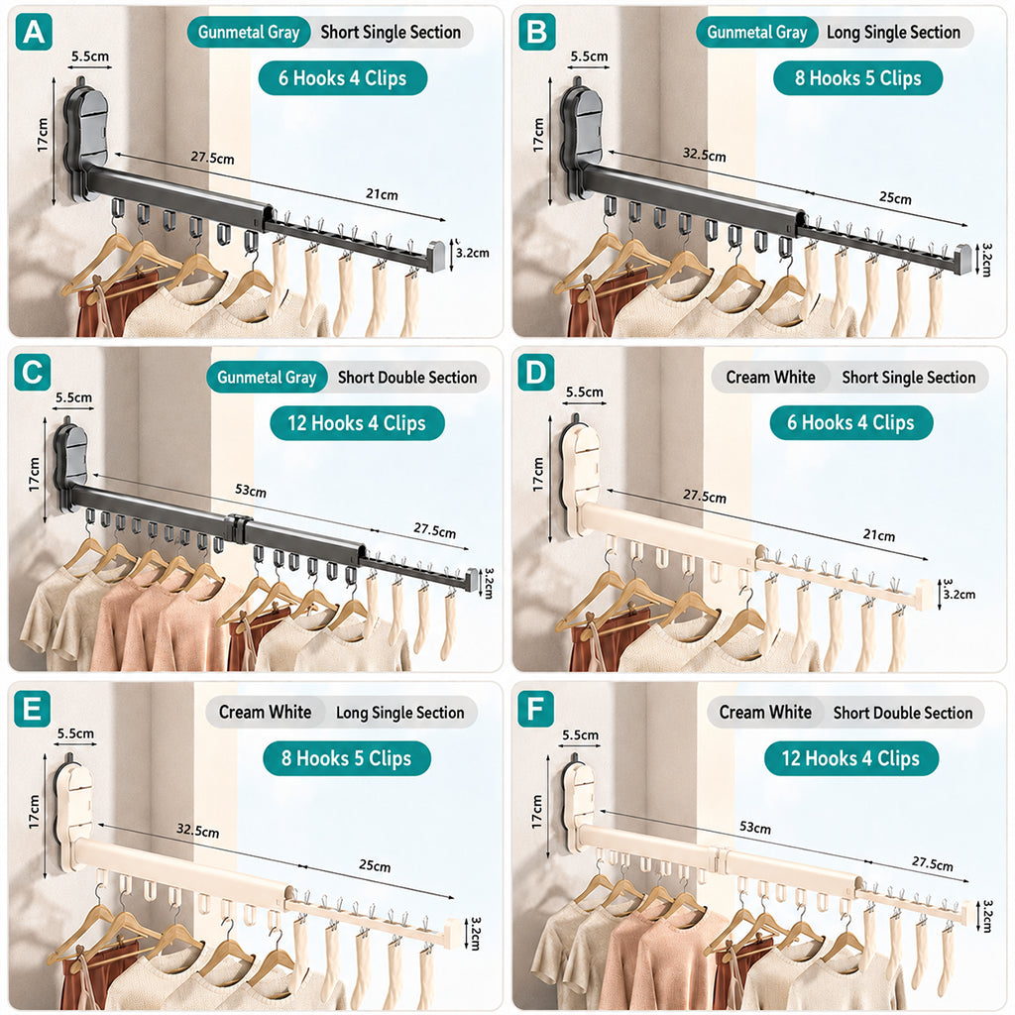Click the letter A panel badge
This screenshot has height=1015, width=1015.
(34, 33)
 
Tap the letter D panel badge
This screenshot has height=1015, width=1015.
(536, 373)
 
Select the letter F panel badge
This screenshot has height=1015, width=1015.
(536, 709)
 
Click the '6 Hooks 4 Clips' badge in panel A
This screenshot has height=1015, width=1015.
(342, 78)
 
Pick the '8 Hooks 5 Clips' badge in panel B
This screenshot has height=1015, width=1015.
(857, 78)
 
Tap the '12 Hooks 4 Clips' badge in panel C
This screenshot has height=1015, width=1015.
(357, 423)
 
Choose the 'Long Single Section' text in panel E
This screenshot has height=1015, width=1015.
(400, 713)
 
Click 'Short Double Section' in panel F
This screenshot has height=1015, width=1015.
(903, 713)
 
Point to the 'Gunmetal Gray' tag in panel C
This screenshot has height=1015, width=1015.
(267, 378)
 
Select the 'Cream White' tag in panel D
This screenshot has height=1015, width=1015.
(770, 378)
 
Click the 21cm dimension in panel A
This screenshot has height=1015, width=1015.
(382, 194)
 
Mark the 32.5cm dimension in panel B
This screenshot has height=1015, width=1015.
(705, 155)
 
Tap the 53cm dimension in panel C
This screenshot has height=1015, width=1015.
(251, 490)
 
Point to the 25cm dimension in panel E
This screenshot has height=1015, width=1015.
(375, 865)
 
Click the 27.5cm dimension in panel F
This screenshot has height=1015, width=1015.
(932, 863)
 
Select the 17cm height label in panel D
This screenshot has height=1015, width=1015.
(538, 475)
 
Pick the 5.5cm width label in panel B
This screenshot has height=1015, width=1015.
(589, 56)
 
